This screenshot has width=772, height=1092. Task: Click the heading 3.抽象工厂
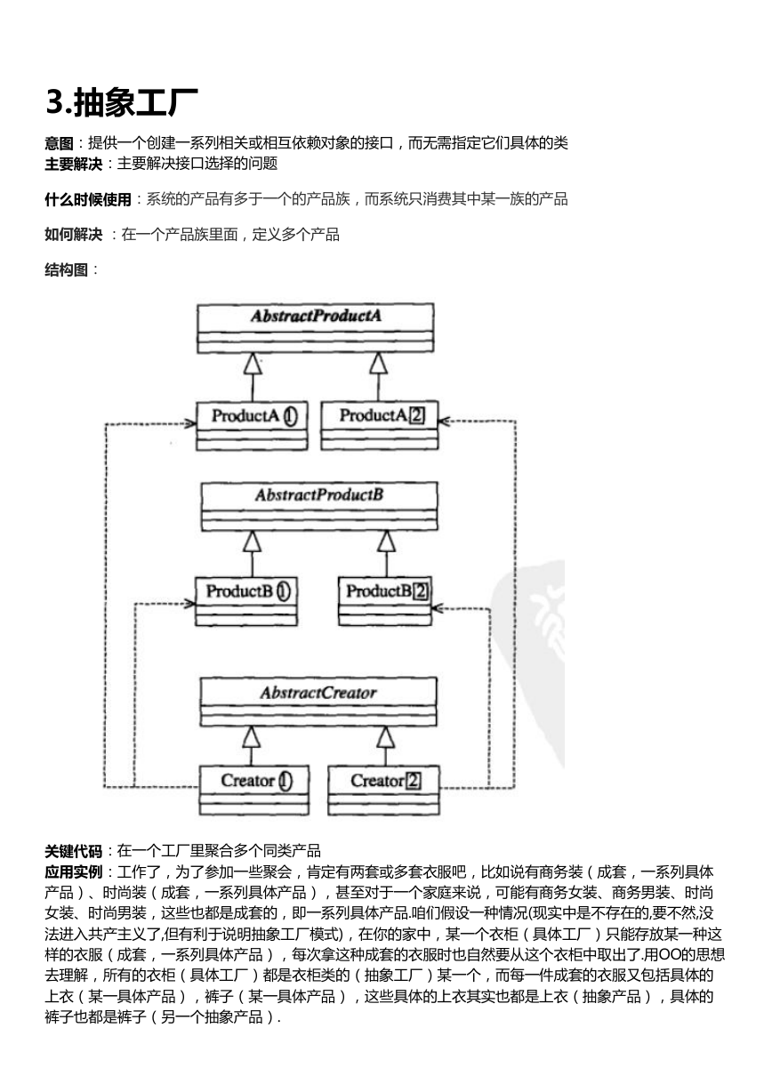tap(122, 102)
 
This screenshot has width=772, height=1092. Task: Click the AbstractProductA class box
tap(315, 328)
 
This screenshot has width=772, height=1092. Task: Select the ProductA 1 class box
tap(252, 426)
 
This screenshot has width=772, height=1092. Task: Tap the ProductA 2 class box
tap(380, 425)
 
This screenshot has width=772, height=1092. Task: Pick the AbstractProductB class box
tap(319, 507)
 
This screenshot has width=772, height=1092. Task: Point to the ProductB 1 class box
tap(245, 601)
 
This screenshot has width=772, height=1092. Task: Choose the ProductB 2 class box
tap(385, 601)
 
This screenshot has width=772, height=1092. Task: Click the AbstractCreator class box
tap(318, 702)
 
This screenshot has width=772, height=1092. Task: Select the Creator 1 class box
tap(253, 791)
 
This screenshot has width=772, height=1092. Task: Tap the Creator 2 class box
tap(383, 791)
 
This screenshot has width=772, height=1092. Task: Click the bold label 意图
tap(59, 143)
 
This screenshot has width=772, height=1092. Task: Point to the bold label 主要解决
tap(74, 164)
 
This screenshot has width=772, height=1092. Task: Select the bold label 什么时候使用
tap(88, 199)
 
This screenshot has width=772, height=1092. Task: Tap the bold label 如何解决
tap(74, 235)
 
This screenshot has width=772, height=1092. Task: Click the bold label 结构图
tap(67, 269)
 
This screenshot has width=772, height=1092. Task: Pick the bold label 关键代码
tap(74, 851)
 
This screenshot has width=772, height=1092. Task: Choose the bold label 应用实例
tap(74, 871)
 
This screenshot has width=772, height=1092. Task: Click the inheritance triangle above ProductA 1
tap(253, 364)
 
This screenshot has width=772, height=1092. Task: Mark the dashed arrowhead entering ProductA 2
tap(443, 422)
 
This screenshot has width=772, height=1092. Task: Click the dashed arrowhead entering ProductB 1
tap(189, 604)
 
